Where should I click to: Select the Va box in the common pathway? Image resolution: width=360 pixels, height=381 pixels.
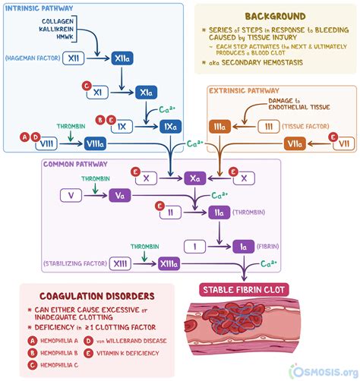click(120, 196)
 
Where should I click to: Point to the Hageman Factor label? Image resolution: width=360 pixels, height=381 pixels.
click(31, 58)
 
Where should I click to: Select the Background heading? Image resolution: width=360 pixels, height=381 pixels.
click(275, 15)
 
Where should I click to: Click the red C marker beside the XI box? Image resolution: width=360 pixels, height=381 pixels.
click(86, 86)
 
